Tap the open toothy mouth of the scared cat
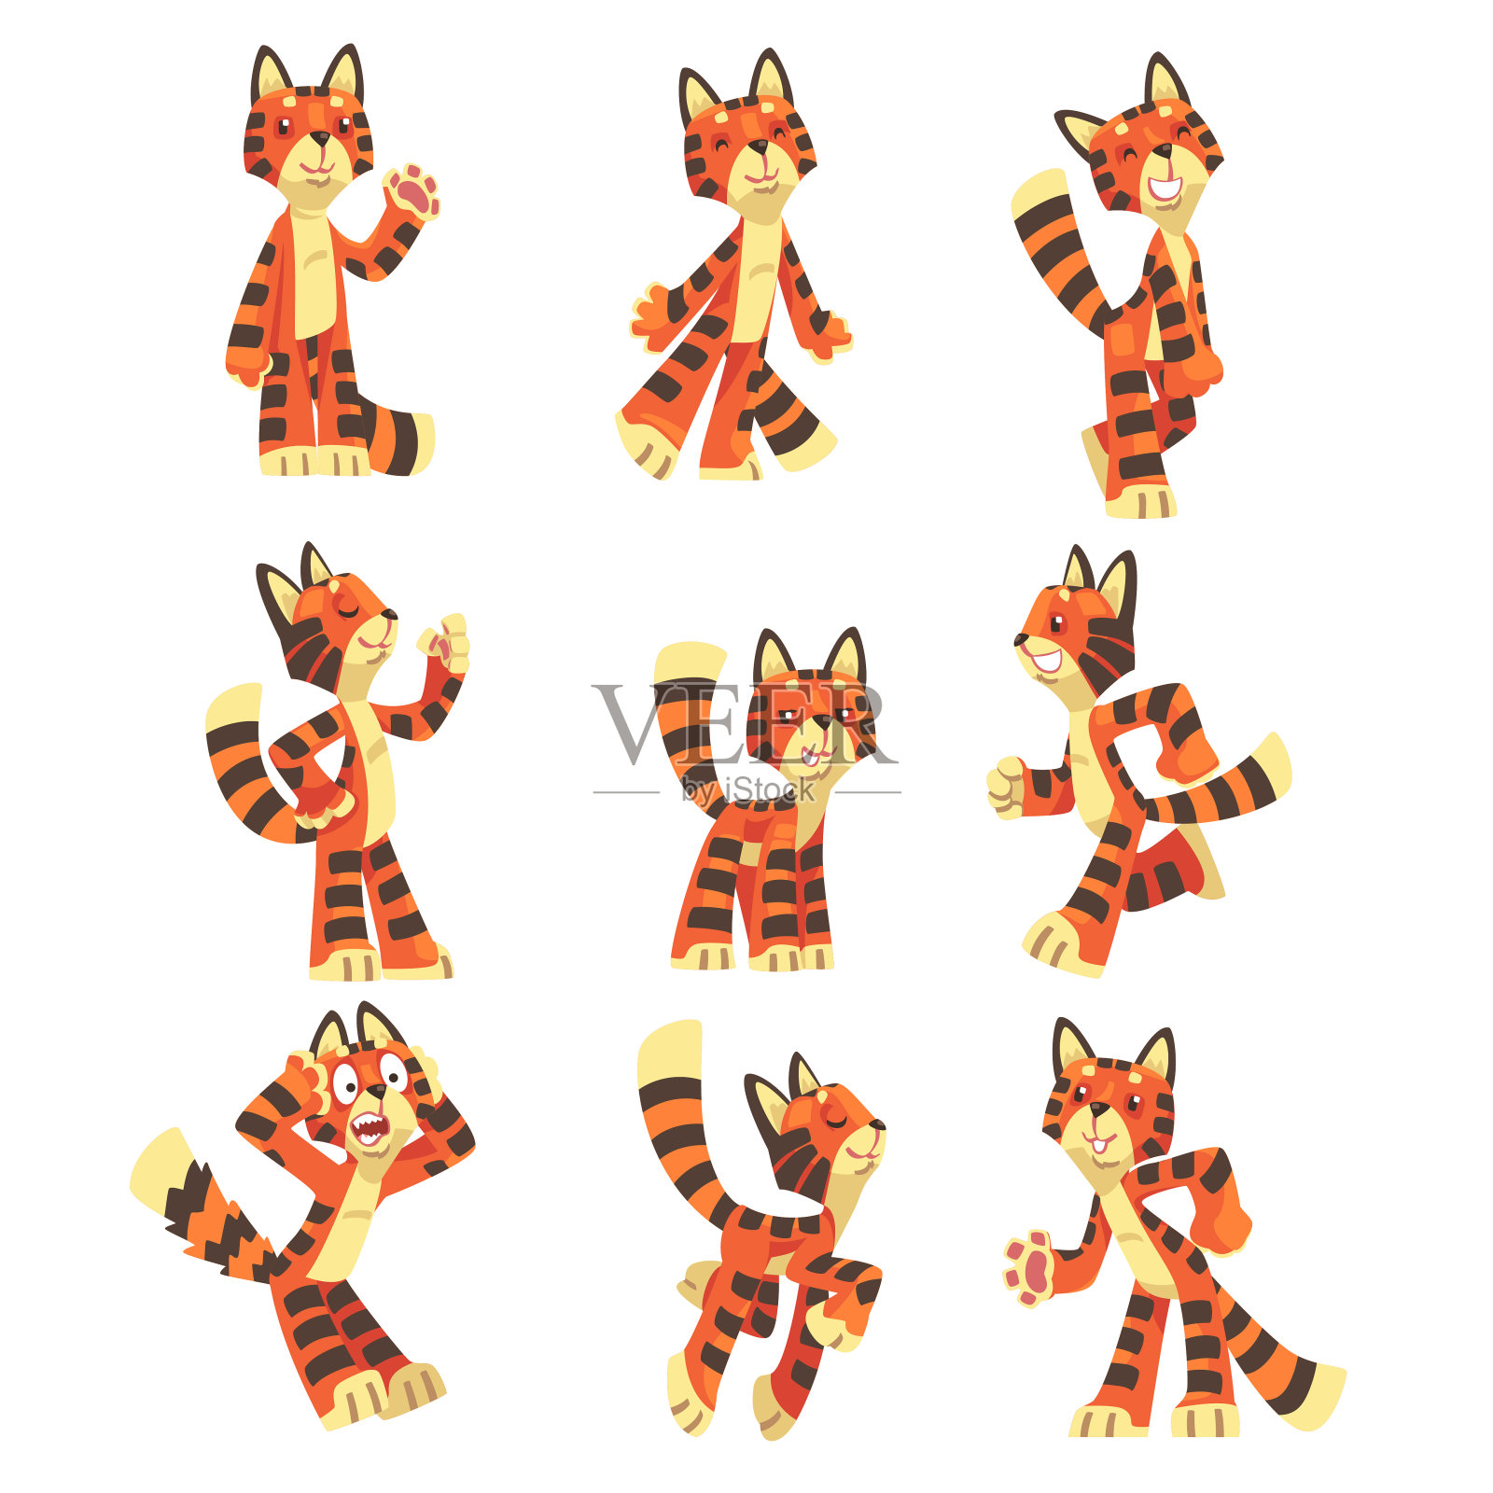pyautogui.click(x=370, y=1129)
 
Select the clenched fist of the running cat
pyautogui.click(x=1005, y=787)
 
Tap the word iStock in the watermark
pyautogui.click(x=770, y=790)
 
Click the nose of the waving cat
pyautogui.click(x=320, y=139)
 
